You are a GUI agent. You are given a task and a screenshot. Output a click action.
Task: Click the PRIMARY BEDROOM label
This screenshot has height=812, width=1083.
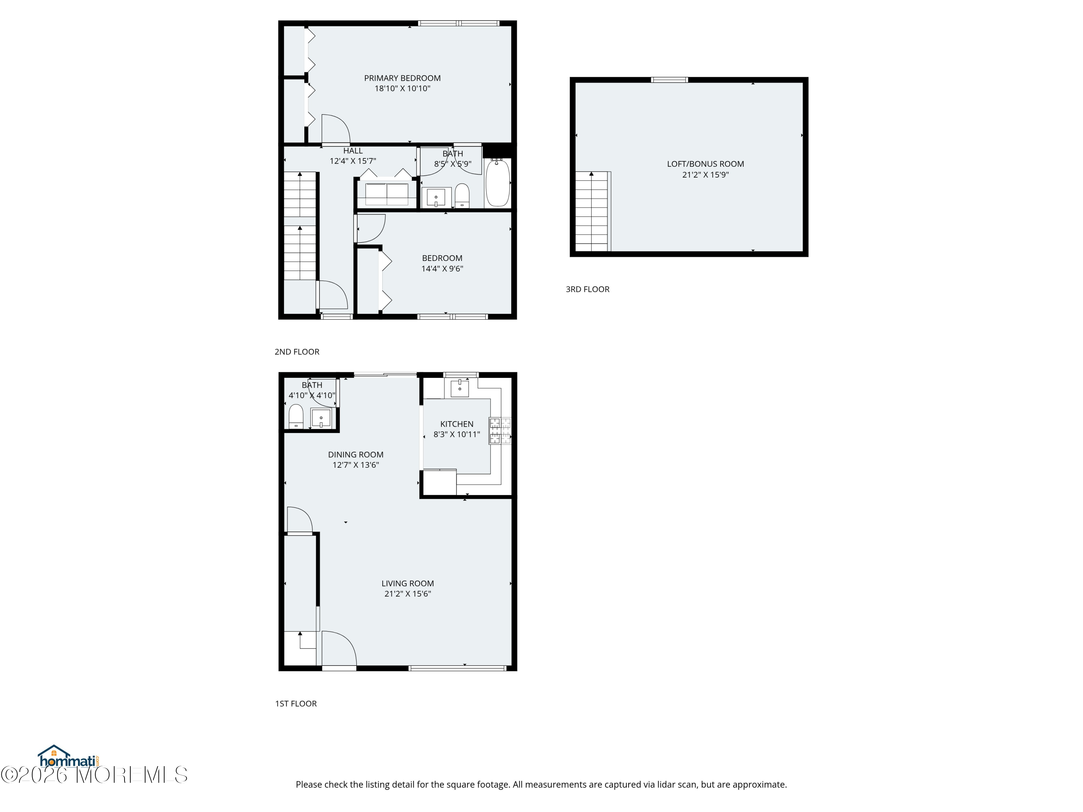click(x=402, y=78)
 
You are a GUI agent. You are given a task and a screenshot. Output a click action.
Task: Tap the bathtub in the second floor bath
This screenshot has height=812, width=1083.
click(x=497, y=183)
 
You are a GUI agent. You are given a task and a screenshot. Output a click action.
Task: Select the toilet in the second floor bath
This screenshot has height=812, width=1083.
click(x=462, y=196)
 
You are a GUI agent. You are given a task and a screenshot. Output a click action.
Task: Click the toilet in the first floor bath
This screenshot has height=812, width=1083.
click(x=296, y=416)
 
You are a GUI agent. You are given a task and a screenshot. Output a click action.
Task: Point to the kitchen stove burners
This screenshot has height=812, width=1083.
click(x=499, y=431)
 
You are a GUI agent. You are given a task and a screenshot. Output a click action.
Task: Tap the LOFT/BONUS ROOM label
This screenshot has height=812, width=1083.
click(x=705, y=164)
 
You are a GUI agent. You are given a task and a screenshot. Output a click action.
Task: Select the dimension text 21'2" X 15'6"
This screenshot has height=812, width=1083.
click(x=407, y=594)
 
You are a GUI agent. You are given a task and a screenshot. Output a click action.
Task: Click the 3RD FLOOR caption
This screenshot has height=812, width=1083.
click(x=587, y=289)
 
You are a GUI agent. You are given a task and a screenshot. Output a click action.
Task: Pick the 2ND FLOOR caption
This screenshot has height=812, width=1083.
click(x=297, y=352)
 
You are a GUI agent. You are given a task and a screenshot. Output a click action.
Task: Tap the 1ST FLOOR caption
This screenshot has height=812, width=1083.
click(x=296, y=703)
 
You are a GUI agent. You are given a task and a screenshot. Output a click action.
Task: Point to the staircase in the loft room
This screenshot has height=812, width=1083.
click(x=592, y=211)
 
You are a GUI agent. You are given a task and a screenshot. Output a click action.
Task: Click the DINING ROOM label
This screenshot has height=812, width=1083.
click(x=356, y=455)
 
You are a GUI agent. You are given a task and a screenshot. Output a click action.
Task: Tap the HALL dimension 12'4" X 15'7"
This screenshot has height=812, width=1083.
click(x=352, y=161)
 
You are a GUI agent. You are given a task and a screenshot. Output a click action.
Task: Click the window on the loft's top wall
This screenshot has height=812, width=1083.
click(x=669, y=80)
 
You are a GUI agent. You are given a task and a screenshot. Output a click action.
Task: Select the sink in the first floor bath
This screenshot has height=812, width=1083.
click(x=321, y=418)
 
